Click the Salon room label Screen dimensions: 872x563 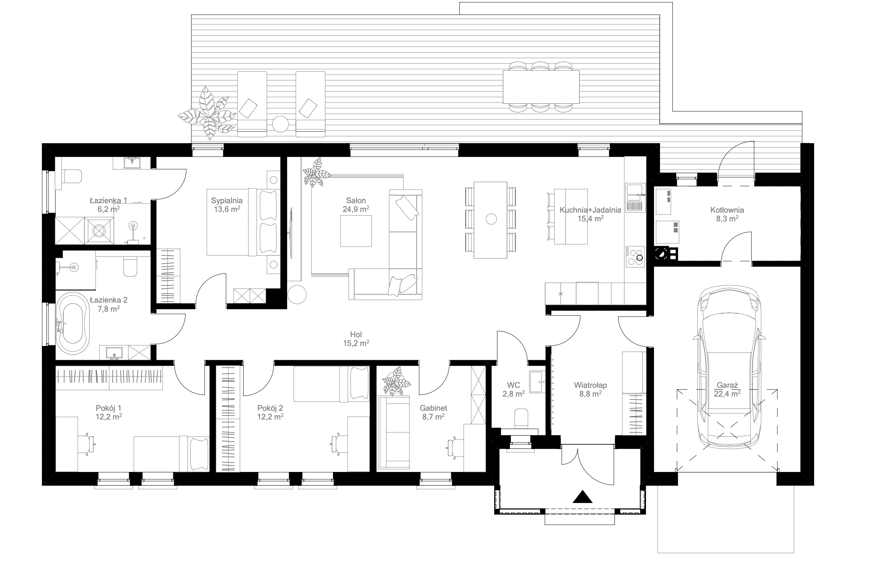(356, 200)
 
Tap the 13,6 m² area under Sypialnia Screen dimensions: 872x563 (227, 209)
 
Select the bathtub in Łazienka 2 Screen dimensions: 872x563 (73, 323)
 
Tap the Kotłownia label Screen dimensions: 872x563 (727, 210)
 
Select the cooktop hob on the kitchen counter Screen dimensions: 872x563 (635, 256)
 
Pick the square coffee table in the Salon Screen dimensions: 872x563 (356, 231)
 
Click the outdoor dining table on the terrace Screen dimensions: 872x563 (541, 87)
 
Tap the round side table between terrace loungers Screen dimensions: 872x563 (280, 124)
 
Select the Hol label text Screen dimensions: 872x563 (356, 334)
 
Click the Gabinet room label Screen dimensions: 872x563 (433, 408)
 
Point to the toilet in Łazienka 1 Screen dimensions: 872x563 (72, 176)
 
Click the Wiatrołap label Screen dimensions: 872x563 (590, 385)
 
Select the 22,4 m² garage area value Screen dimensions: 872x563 (727, 393)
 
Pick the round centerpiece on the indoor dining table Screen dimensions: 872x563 (491, 219)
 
